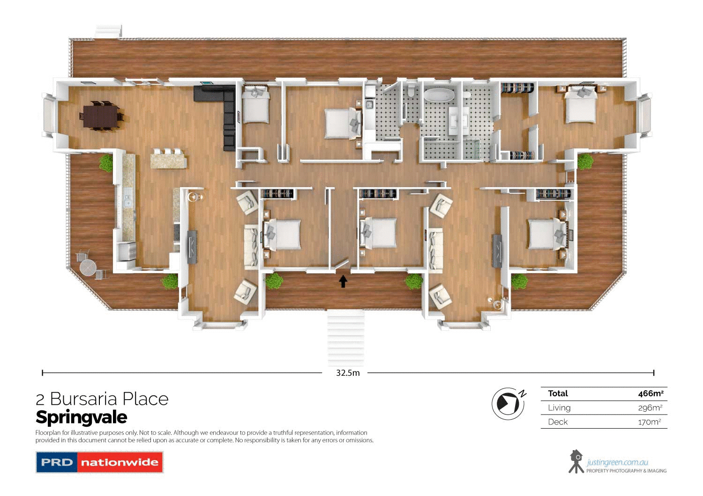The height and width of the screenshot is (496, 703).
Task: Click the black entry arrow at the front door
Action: [343, 281]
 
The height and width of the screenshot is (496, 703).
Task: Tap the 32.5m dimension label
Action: [348, 373]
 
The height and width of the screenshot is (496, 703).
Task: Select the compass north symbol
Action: [508, 403]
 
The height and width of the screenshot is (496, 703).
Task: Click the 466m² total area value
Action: [651, 394]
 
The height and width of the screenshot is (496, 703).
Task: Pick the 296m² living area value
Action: [650, 408]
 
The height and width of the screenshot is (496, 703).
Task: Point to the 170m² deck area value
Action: [650, 422]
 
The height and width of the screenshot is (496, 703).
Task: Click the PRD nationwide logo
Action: [99, 462]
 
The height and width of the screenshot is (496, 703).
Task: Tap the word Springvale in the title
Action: [82, 417]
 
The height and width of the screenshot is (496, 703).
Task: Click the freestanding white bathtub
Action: [439, 95]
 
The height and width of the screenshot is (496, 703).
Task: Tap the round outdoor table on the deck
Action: [88, 268]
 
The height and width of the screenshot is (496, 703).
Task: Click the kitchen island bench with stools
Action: [168, 159]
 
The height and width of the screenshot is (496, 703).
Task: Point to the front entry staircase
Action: [345, 337]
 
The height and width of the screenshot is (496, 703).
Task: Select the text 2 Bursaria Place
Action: [102, 399]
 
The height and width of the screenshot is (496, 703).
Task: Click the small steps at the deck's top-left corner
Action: [108, 32]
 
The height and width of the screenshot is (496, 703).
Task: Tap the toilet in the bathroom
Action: [411, 90]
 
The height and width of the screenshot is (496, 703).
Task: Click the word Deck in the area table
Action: [558, 422]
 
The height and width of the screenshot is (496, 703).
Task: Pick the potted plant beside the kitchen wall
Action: [106, 163]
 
